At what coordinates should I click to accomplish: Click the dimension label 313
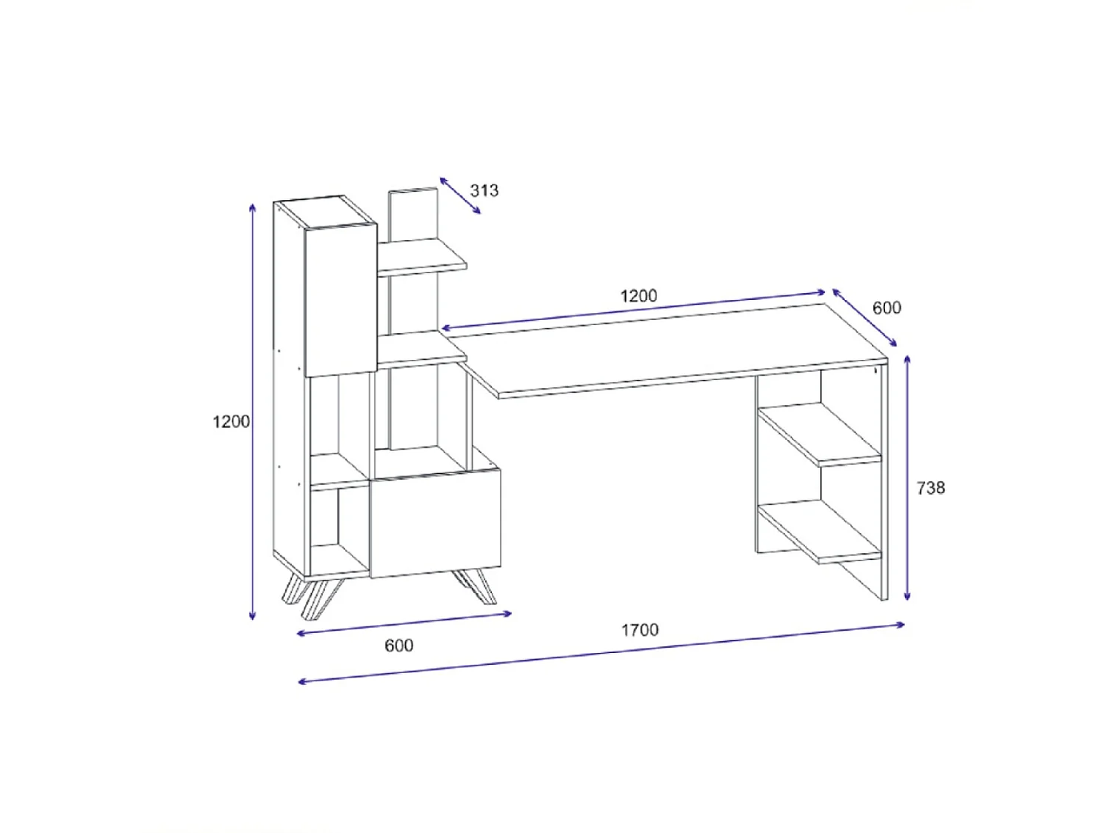484,190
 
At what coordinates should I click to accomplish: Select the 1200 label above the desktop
638,296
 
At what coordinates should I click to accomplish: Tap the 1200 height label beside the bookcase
231,421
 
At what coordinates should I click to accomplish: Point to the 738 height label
930,488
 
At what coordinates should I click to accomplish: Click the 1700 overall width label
639,630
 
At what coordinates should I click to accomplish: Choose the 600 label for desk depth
887,308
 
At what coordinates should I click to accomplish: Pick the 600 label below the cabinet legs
398,646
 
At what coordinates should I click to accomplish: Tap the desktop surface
667,348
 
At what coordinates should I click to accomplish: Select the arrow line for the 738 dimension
907,478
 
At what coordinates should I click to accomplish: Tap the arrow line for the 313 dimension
460,195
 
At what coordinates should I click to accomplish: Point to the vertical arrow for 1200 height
253,411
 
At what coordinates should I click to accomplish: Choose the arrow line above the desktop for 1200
633,310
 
